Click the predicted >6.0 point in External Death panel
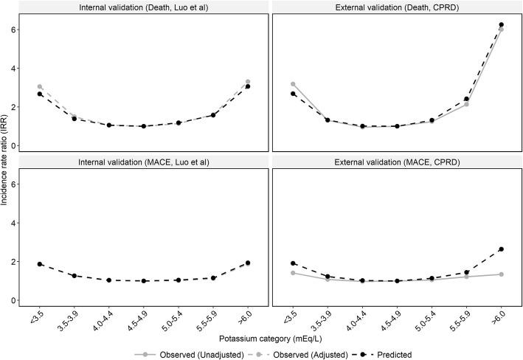501,25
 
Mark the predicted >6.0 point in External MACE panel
501,249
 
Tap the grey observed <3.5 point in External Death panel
293,84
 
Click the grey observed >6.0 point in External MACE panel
501,274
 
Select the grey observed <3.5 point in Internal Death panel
40,87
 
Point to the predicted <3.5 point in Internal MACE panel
40,264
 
